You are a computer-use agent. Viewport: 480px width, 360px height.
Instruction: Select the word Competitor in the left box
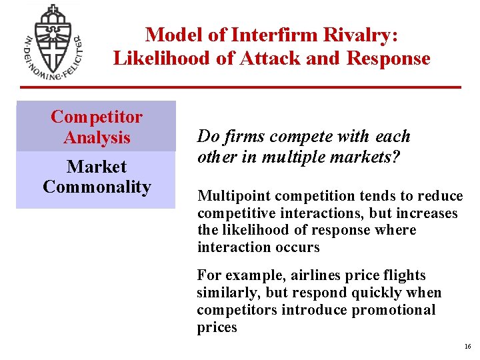[x=97, y=117]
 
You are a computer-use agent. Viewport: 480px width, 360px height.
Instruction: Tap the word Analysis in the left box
[x=97, y=138]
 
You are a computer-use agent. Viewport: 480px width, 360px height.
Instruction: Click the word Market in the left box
[x=97, y=166]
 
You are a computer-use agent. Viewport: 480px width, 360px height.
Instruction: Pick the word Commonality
[x=97, y=187]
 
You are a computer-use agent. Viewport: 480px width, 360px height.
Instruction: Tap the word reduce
[x=440, y=196]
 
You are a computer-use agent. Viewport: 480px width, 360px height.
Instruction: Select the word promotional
[x=393, y=310]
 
